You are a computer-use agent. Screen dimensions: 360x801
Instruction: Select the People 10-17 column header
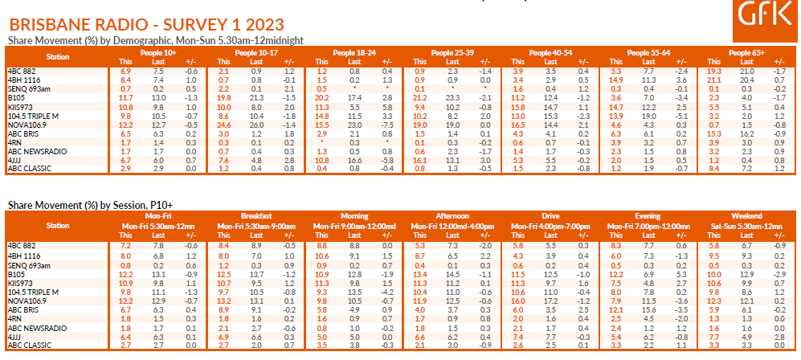255,52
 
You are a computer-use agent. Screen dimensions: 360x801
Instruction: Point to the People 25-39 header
453,52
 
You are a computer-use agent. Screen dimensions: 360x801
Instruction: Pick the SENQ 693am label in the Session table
25,264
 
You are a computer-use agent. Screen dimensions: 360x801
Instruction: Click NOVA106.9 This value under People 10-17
225,125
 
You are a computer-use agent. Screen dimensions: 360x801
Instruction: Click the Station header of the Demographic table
58,57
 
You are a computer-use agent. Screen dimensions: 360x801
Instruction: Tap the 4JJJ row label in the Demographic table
14,161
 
